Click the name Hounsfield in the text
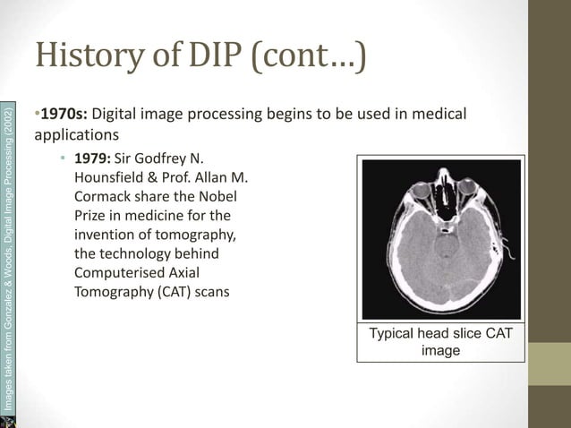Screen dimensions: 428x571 (x=111, y=178)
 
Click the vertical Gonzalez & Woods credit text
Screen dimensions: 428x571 (x=8, y=260)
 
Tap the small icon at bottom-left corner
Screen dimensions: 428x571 (x=8, y=421)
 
